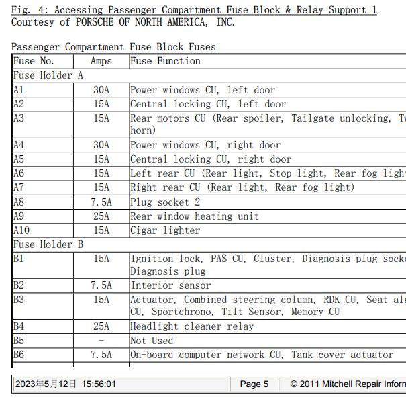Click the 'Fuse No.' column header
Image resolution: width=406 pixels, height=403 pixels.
34,61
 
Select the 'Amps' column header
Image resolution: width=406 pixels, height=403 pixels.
101,61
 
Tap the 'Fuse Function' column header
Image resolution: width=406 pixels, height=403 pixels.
165,61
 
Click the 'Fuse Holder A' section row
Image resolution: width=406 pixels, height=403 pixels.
48,75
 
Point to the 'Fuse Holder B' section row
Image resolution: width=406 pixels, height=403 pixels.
48,244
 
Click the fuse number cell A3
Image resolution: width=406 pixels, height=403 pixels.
19,118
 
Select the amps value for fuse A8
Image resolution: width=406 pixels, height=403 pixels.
101,202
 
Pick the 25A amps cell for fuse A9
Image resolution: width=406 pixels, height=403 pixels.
101,216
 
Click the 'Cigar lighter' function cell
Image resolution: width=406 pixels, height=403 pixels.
165,230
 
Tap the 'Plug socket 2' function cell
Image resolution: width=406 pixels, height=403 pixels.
165,202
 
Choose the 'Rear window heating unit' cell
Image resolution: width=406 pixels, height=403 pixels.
195,216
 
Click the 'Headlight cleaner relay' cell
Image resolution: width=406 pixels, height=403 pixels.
192,326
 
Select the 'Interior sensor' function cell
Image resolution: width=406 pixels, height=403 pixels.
170,285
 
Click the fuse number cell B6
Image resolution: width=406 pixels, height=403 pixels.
19,355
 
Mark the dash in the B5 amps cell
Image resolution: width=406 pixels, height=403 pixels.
101,341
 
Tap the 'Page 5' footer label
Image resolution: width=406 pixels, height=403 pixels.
254,384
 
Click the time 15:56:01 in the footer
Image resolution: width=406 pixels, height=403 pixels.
99,384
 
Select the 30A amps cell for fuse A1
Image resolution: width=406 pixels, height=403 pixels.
101,90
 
